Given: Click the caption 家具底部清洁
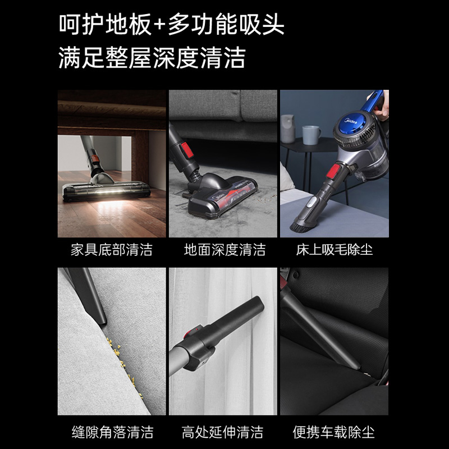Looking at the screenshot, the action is pyautogui.click(x=112, y=250).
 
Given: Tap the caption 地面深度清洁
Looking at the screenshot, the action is pyautogui.click(x=225, y=250).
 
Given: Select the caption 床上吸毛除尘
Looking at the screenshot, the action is pyautogui.click(x=335, y=250).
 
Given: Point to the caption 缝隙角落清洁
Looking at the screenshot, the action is pyautogui.click(x=113, y=432).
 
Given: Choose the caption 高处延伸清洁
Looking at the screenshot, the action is pyautogui.click(x=222, y=432).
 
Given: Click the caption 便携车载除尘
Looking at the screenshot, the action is pyautogui.click(x=333, y=432).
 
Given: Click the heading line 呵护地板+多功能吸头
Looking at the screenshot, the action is pyautogui.click(x=172, y=25).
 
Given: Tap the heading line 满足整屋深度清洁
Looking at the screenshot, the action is pyautogui.click(x=152, y=58).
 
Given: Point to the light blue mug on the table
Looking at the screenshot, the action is pyautogui.click(x=311, y=135).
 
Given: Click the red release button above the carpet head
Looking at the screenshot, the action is pyautogui.click(x=186, y=150).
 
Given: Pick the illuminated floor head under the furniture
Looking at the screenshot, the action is pyautogui.click(x=107, y=191).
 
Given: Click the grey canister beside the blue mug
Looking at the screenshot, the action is pyautogui.click(x=288, y=129).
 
